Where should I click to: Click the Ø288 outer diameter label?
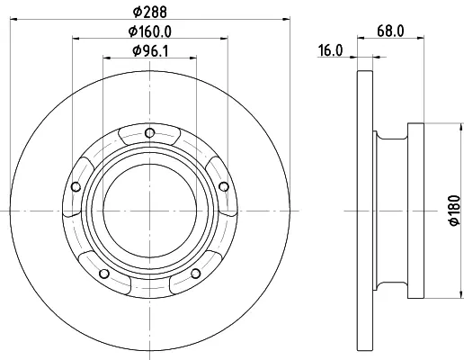[x=149, y=12]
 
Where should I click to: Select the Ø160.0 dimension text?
[x=150, y=31]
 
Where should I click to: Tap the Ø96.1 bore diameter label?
[x=150, y=51]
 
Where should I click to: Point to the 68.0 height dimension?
[x=390, y=31]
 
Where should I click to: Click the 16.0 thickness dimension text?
[x=330, y=50]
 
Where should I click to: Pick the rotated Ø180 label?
[x=454, y=211]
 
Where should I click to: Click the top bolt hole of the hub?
[x=149, y=133]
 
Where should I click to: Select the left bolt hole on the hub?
[x=76, y=187]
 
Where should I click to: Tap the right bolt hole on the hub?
[x=224, y=186]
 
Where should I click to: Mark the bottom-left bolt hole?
[x=104, y=274]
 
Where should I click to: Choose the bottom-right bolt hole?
[x=195, y=274]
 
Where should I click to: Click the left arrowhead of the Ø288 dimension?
[x=13, y=19]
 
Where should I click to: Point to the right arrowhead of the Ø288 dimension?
[x=286, y=19]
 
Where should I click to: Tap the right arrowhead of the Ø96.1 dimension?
[x=193, y=58]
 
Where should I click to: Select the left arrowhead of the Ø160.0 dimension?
[x=76, y=39]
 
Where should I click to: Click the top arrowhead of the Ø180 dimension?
[x=461, y=127]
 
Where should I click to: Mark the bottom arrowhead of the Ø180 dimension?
[x=461, y=294]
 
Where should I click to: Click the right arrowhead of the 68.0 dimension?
[x=420, y=38]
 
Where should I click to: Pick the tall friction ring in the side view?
[x=365, y=211]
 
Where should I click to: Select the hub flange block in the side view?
[x=415, y=211]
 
